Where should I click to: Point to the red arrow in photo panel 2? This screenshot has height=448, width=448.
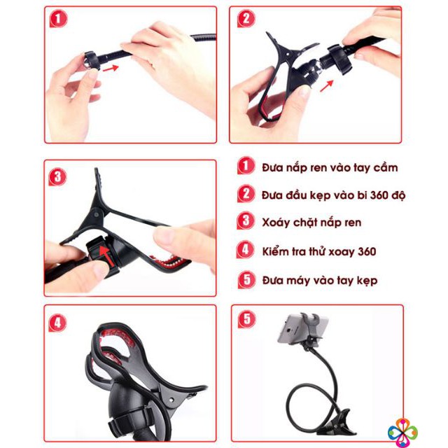tap(326, 85)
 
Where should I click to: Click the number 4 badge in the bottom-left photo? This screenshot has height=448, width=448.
tap(57, 323)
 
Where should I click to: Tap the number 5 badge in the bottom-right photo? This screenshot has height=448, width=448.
tap(246, 320)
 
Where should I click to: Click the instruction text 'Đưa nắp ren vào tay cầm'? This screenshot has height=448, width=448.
tap(330, 167)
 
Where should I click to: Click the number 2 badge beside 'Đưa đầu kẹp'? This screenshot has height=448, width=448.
tap(246, 194)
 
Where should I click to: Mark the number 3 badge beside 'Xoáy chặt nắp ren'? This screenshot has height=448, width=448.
tap(246, 222)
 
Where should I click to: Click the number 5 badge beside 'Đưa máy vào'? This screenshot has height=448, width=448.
tap(246, 280)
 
